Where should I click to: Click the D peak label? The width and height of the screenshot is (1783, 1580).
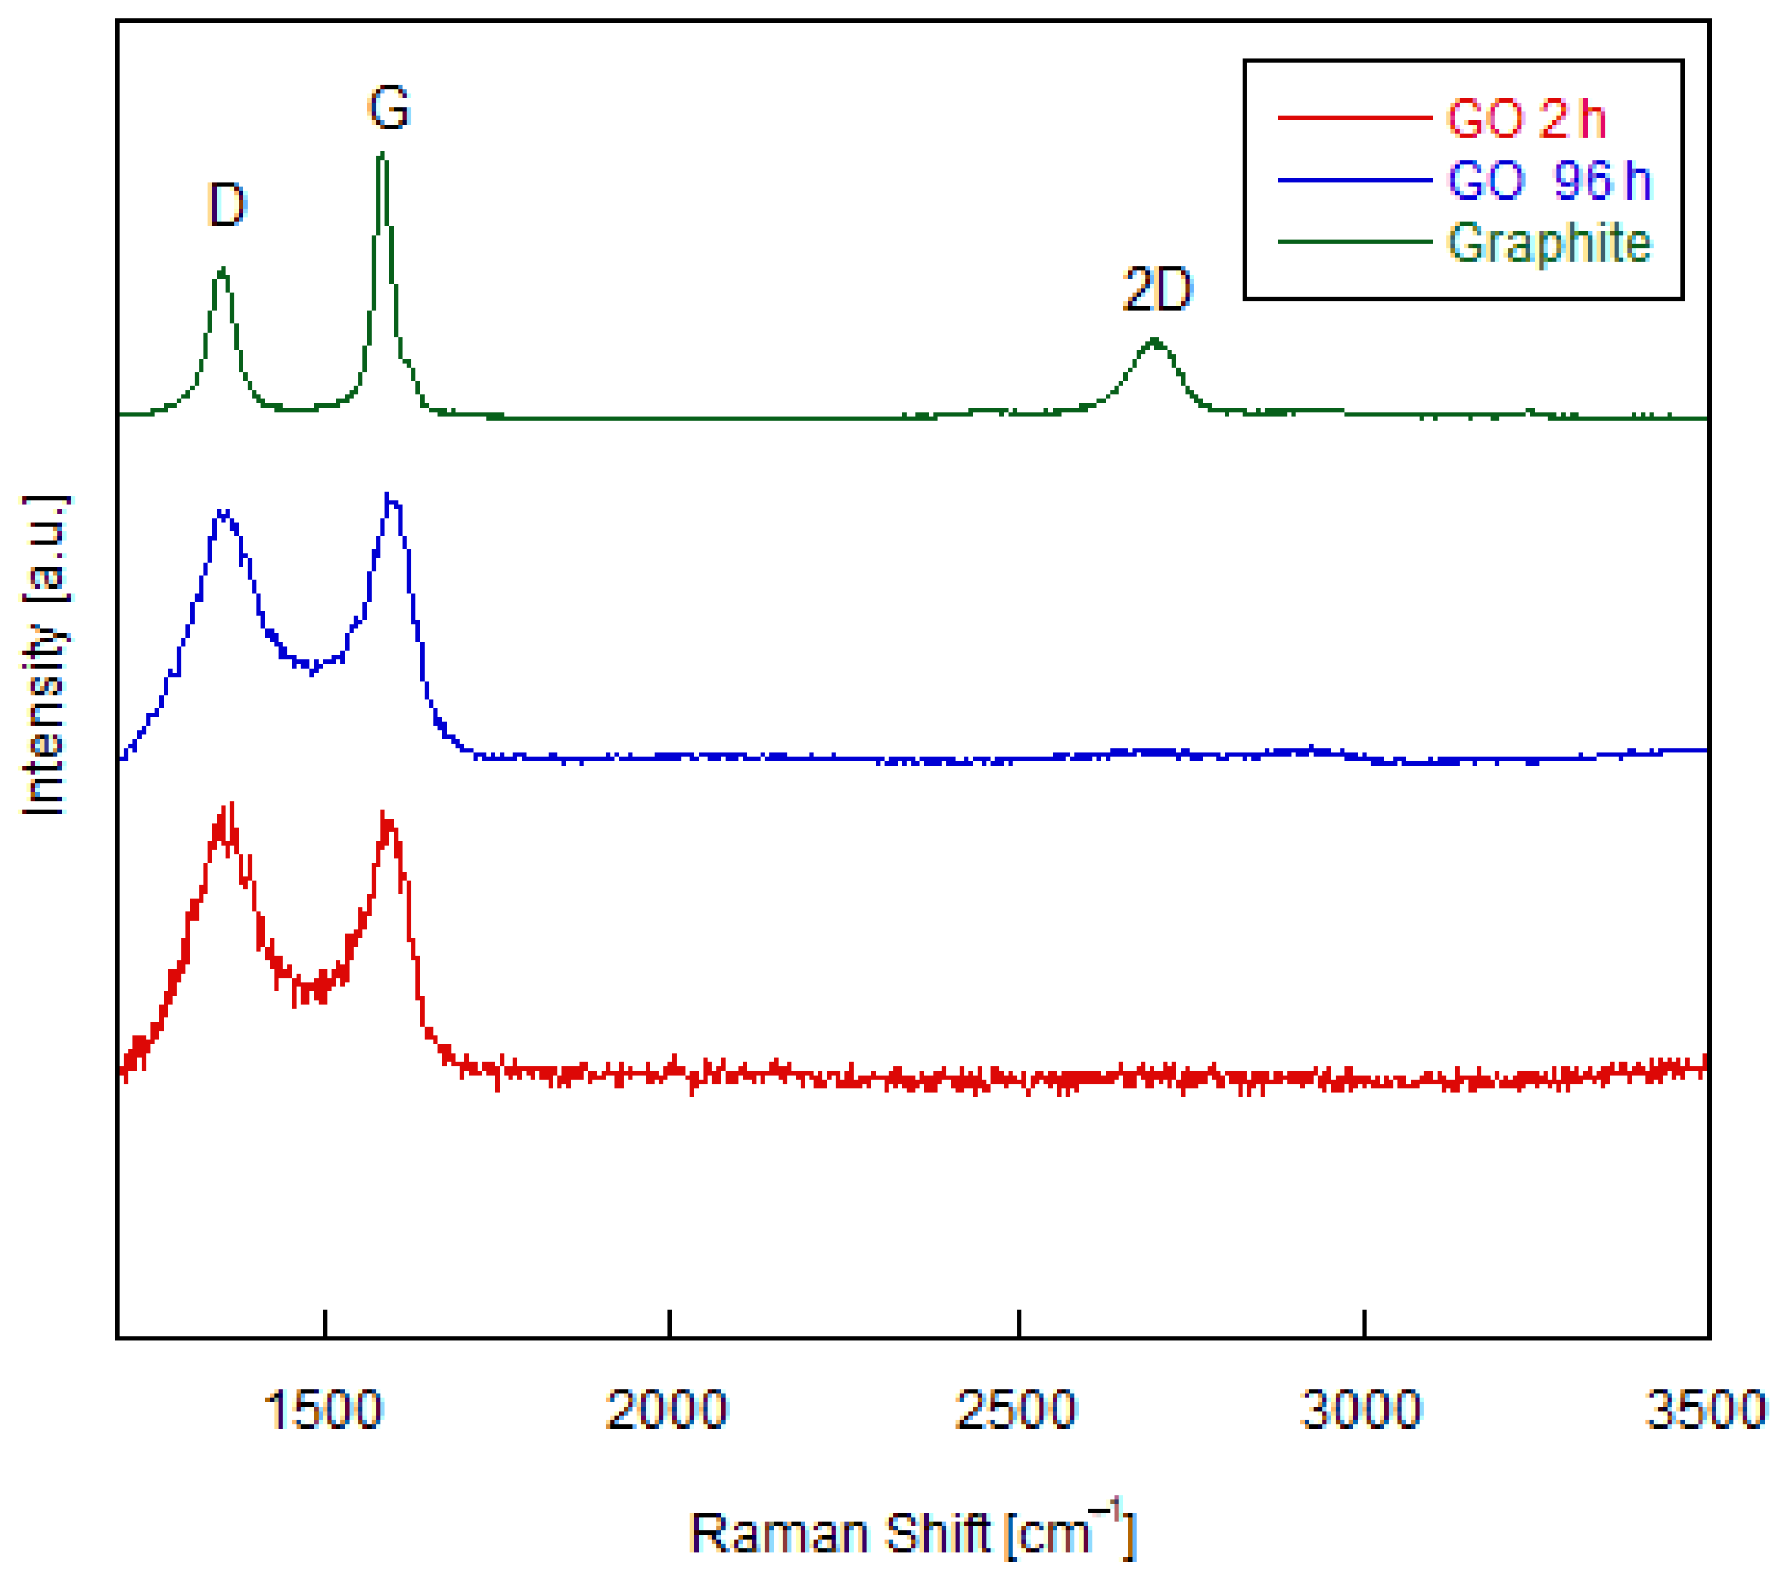click(227, 206)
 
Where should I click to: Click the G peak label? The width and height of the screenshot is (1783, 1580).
click(388, 108)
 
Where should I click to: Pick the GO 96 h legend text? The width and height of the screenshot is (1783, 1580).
click(1549, 180)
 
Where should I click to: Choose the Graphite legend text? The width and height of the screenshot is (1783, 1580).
click(1549, 243)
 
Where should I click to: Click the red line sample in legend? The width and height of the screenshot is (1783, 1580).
click(1355, 117)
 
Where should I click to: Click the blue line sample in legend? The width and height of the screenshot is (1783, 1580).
click(1355, 180)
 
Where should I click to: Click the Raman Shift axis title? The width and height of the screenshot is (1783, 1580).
click(912, 1533)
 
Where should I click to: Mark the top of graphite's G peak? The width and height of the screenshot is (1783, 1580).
click(382, 154)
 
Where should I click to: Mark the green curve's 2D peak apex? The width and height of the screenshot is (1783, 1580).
click(1154, 340)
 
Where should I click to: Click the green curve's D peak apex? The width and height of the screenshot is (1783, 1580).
click(222, 270)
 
